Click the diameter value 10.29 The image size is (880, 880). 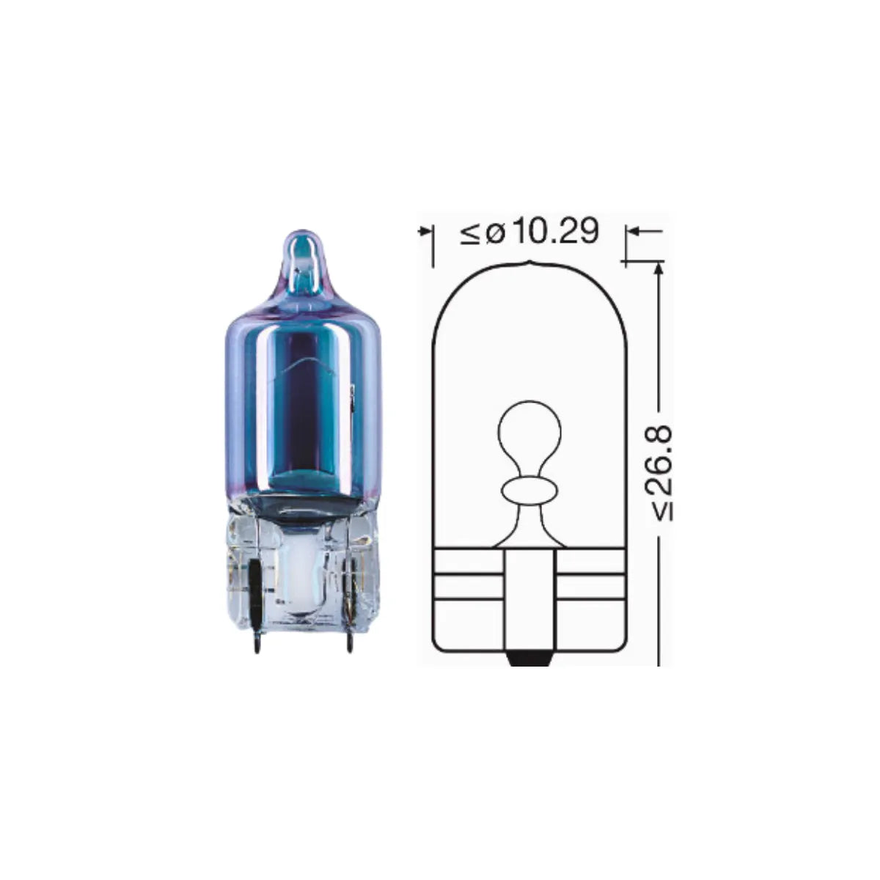pos(555,232)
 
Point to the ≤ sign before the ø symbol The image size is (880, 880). pos(469,233)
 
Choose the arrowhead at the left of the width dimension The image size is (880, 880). pos(423,232)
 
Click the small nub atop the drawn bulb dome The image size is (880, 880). pos(529,263)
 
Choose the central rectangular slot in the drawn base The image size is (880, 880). pos(529,598)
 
